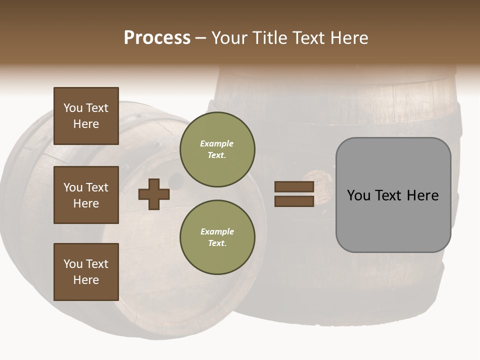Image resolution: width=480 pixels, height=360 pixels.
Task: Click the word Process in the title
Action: [157, 38]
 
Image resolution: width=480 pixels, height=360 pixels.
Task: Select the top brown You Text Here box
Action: [86, 116]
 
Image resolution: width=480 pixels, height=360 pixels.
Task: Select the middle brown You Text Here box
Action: [86, 195]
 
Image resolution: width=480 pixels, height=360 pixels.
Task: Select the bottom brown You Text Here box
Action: [86, 271]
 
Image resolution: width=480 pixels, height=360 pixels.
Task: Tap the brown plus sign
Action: [154, 194]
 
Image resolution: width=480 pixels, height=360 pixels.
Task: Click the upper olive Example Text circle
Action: [217, 149]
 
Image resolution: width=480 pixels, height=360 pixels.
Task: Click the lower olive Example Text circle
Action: [217, 237]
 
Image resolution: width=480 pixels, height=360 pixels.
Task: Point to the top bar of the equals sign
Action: [294, 187]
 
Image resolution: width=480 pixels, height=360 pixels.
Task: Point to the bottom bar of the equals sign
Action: [294, 201]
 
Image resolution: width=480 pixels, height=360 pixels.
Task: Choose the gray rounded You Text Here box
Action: [393, 195]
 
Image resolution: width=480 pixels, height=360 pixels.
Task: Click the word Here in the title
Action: [348, 38]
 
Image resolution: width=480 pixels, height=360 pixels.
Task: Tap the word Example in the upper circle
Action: [216, 143]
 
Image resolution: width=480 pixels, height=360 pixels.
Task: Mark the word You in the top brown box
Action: [73, 108]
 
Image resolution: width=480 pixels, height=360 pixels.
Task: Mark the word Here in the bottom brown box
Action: [86, 280]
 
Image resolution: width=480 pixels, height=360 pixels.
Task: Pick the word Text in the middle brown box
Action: [97, 187]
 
